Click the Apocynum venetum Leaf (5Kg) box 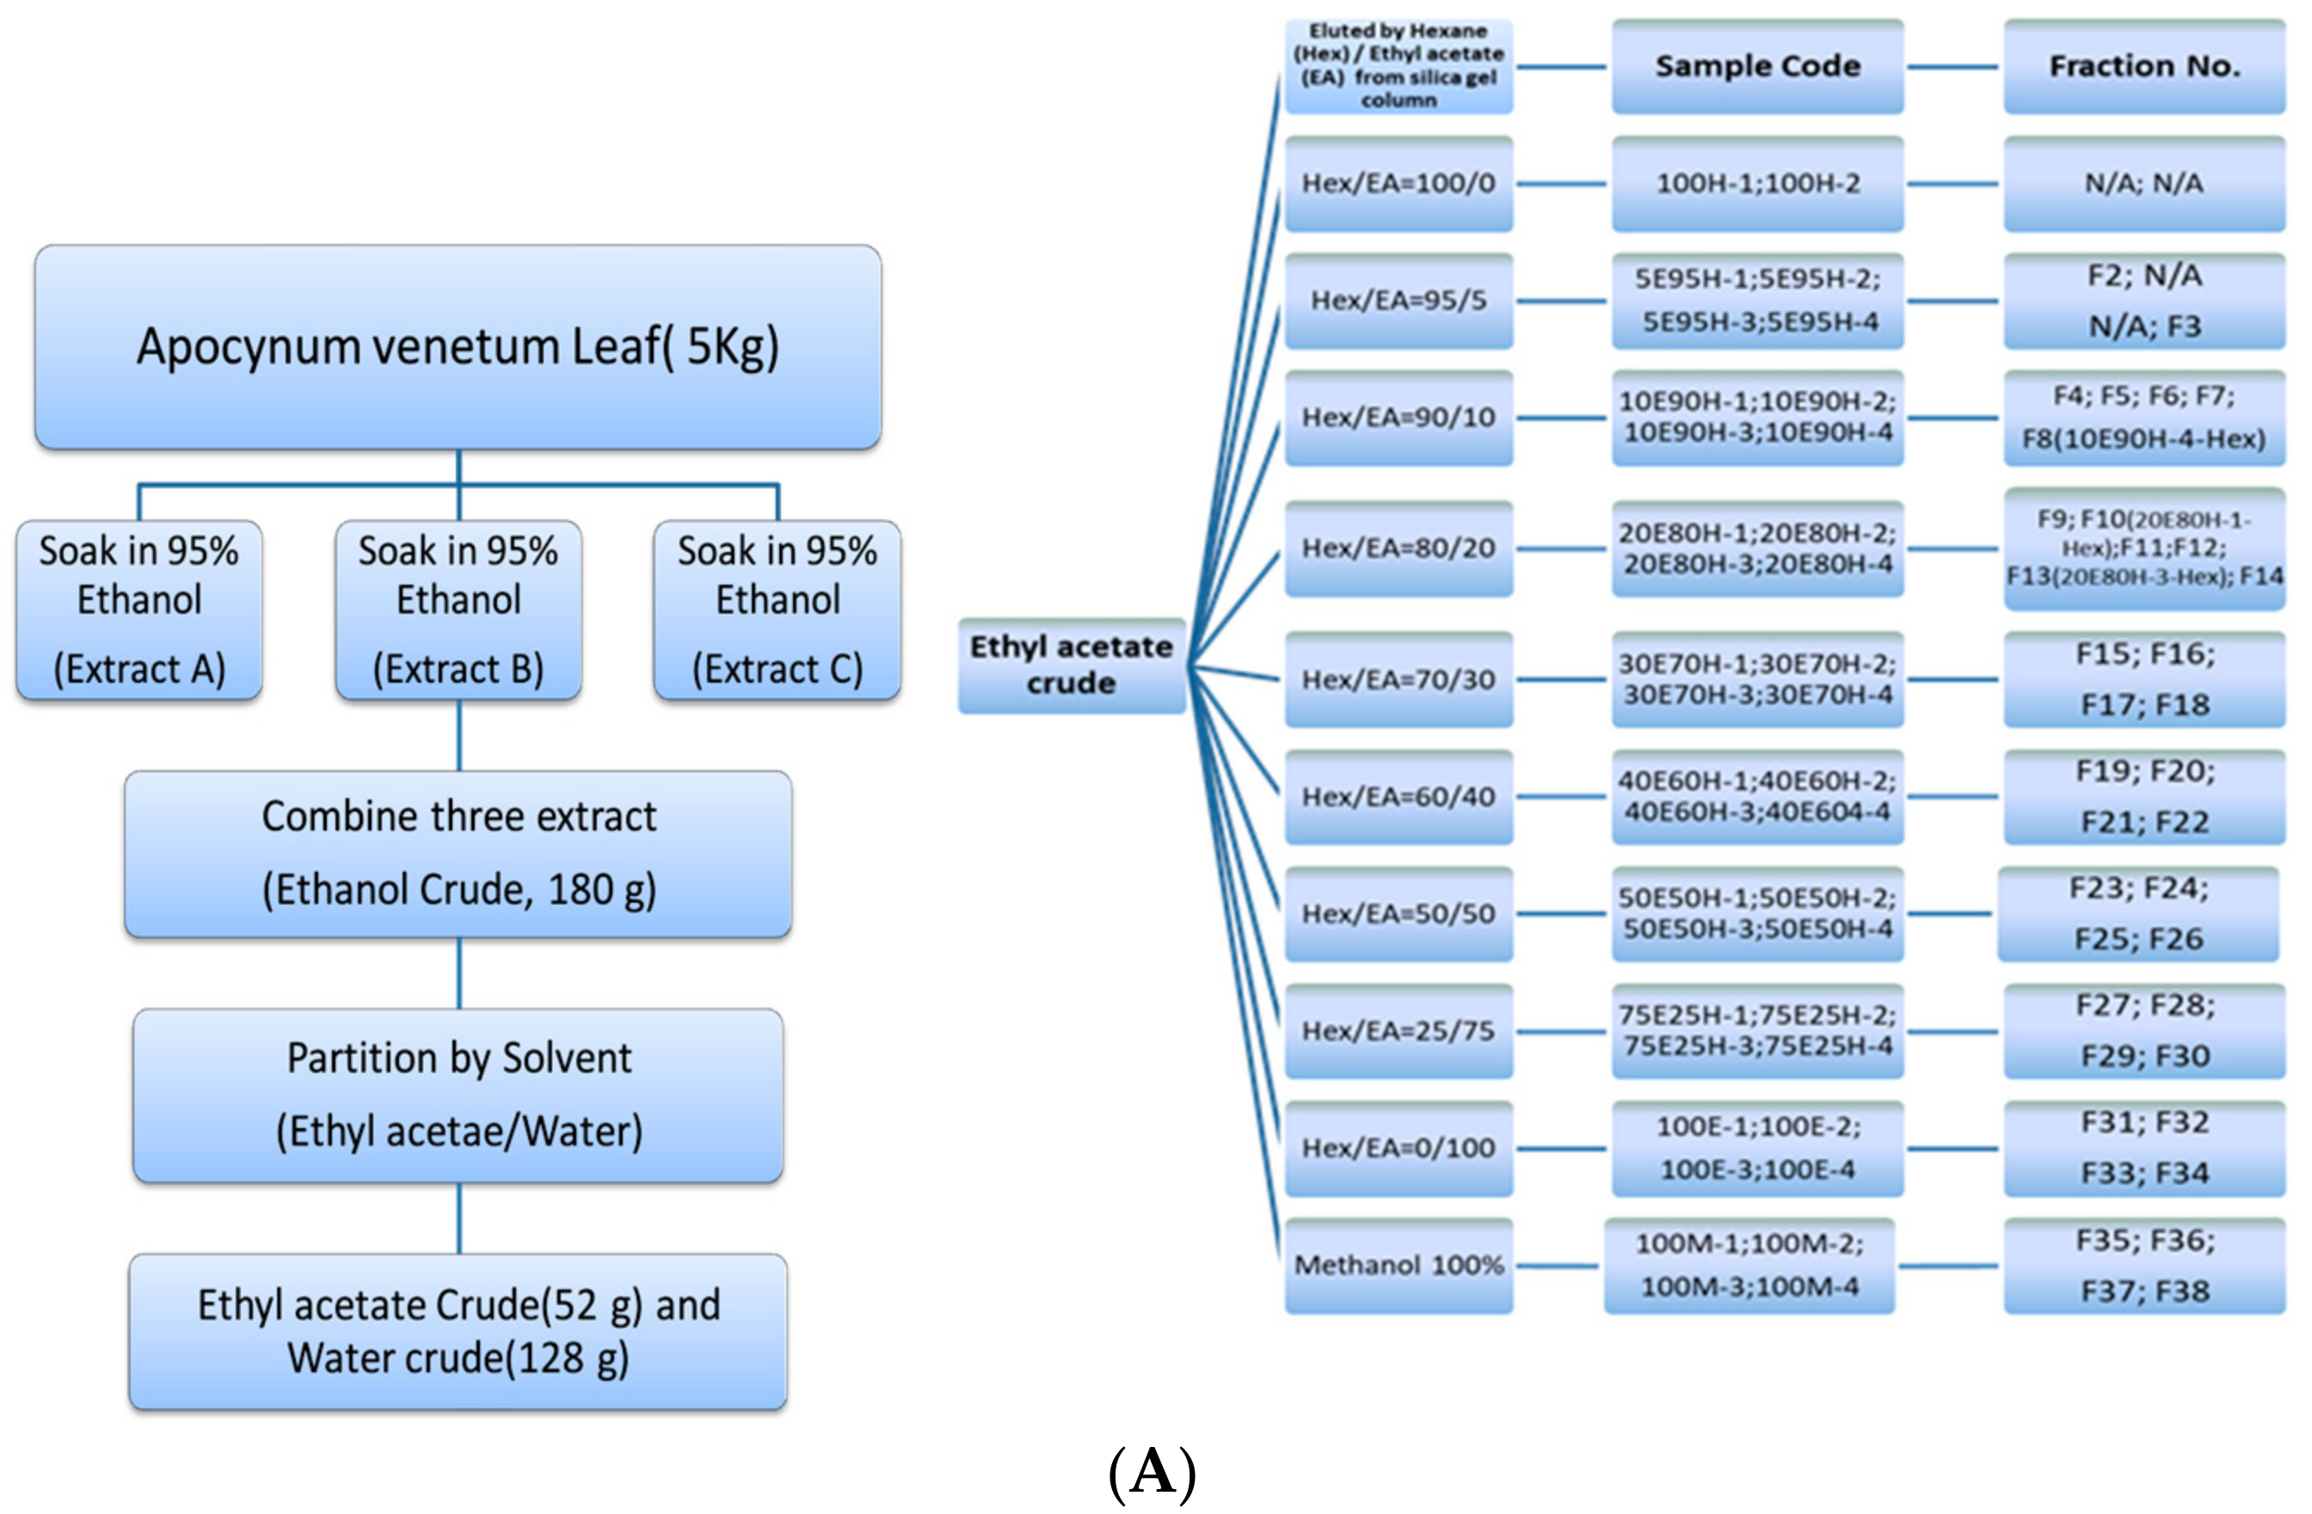coord(458,346)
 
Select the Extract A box coord(139,610)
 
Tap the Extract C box coord(778,610)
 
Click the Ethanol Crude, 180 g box coord(458,854)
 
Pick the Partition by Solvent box coord(458,1094)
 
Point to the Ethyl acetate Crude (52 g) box coord(458,1331)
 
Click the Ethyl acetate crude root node coord(1071,665)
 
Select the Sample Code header coord(1756,66)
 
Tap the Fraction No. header coord(2144,66)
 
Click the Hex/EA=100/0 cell coord(1398,183)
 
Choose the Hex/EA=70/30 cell coord(1398,680)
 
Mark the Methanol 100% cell coord(1398,1266)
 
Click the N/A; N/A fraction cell coord(2144,183)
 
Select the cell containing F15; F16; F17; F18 coord(2144,680)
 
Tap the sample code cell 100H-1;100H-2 coord(1756,183)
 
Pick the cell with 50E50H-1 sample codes coord(1756,914)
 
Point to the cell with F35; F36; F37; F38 coord(2144,1266)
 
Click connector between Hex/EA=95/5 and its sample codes coord(1561,301)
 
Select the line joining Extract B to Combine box coord(458,735)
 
